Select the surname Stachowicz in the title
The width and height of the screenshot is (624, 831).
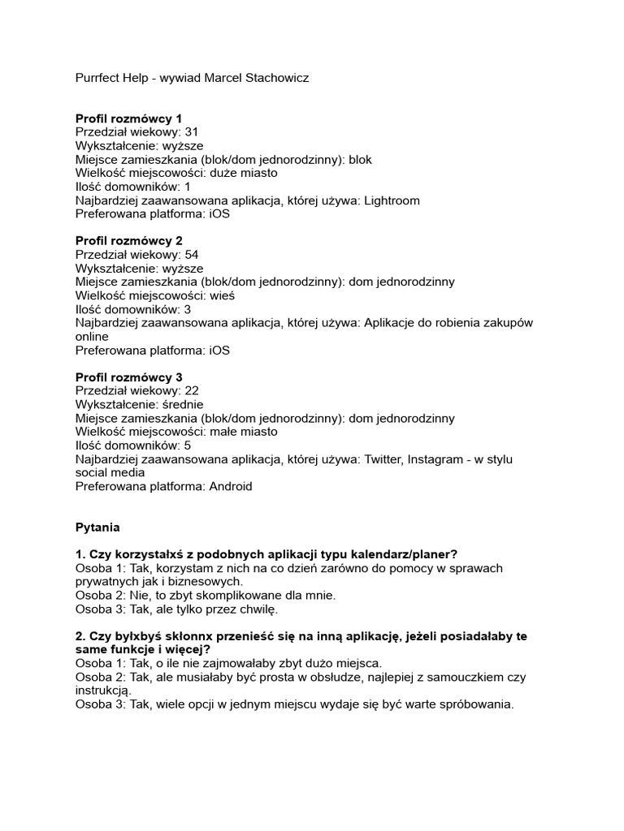273,78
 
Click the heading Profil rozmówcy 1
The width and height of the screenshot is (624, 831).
129,118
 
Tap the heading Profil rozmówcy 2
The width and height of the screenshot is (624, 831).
129,241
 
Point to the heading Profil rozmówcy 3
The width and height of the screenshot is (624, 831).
129,377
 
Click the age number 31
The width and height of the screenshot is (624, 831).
192,132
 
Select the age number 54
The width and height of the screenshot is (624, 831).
192,255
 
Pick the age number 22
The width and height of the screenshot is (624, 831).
192,391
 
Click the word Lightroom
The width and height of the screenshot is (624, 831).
392,200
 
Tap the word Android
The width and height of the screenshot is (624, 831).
231,487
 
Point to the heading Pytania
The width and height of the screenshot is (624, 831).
97,527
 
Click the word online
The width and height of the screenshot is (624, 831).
92,337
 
